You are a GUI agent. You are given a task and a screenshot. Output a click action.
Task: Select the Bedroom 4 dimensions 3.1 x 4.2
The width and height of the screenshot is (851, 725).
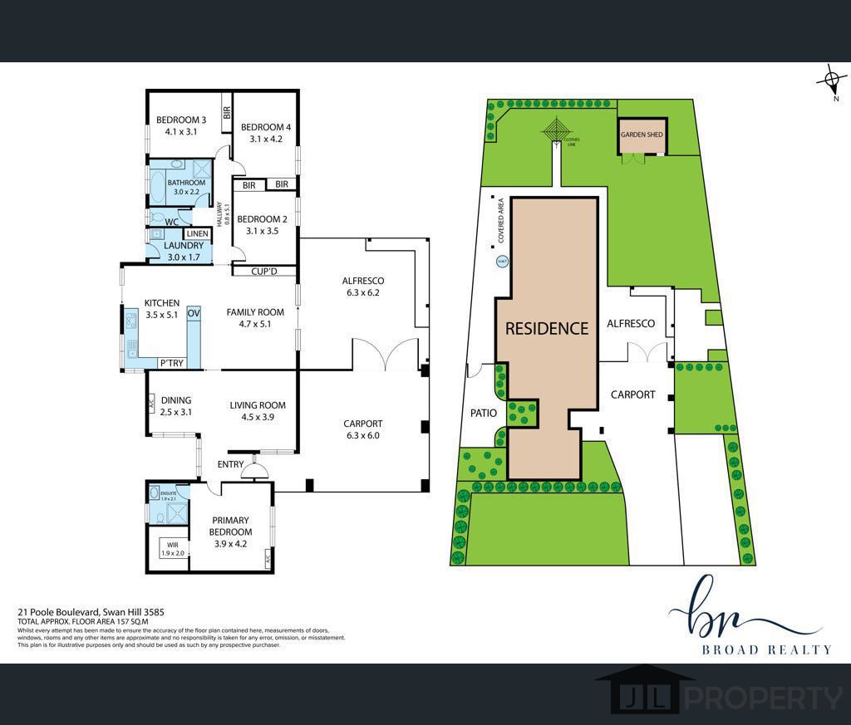pos(266,140)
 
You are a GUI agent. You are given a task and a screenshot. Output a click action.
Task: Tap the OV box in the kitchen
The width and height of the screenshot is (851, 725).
pos(194,313)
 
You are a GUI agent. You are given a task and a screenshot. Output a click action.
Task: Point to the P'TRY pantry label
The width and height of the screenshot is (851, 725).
pos(172,363)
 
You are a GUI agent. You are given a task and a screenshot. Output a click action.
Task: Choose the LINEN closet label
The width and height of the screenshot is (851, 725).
pos(197,234)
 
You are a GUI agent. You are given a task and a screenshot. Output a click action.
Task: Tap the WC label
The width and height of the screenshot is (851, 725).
pos(172,222)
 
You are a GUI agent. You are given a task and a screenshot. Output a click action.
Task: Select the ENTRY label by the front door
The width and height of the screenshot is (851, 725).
pos(231,464)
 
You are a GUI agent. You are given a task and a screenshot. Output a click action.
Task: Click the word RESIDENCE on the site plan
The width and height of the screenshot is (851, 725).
pos(547,328)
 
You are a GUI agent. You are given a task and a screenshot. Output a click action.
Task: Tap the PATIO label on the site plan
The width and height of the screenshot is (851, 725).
pos(483,413)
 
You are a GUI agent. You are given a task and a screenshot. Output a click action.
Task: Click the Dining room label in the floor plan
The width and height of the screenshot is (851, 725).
pos(176,399)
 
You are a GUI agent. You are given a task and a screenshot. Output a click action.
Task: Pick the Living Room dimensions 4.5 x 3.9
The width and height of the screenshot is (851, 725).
pos(258,417)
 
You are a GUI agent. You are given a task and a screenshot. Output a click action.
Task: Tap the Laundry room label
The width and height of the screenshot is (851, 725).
pos(184,246)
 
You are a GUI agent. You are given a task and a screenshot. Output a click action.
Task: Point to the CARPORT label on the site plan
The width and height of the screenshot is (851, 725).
pos(632,394)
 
